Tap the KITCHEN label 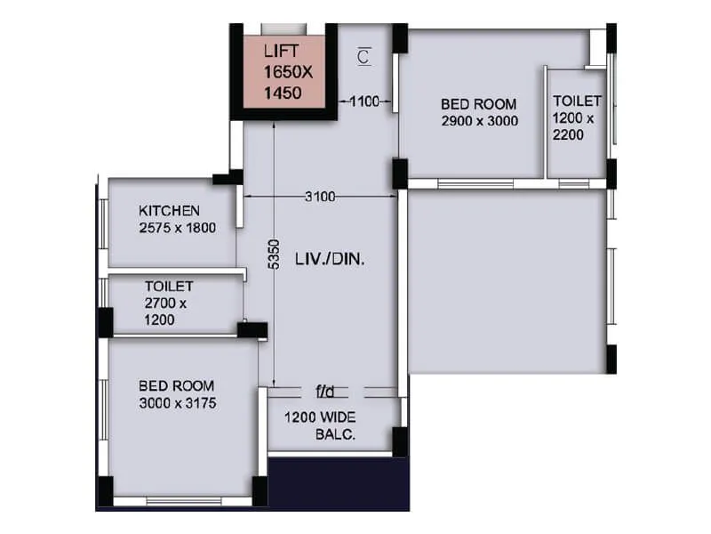pos(169,211)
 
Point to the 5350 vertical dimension pos(275,254)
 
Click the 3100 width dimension pos(320,197)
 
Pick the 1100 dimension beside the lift pos(364,102)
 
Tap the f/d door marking pos(324,391)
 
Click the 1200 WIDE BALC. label pos(320,425)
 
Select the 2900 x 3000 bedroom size pos(479,121)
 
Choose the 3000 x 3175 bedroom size pos(178,403)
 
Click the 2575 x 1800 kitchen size pos(178,228)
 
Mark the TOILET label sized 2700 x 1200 pos(169,287)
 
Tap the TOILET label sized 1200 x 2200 pos(577,101)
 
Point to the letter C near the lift pos(363,57)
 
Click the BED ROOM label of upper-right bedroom pos(479,104)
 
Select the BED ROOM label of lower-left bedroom pos(176,386)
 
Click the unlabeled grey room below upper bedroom pos(507,280)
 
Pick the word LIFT pos(282,52)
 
